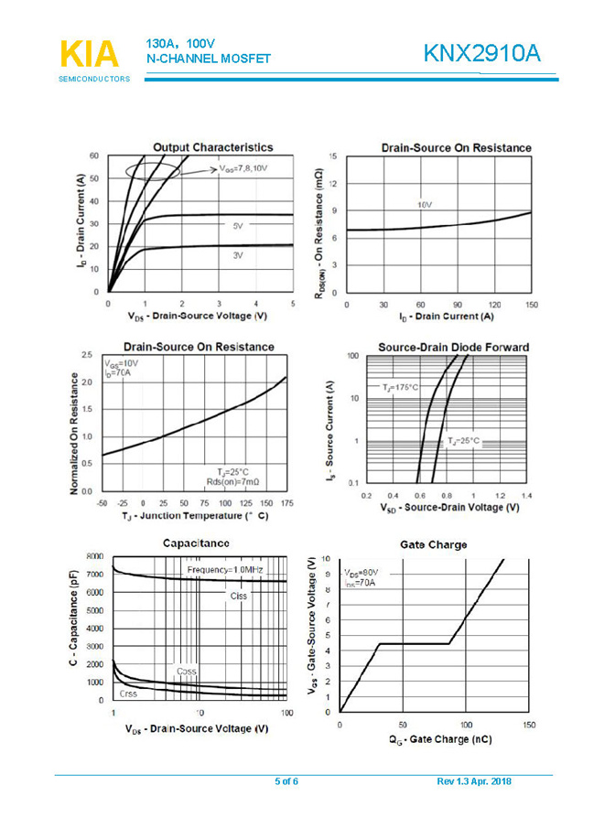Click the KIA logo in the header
pyautogui.click(x=91, y=53)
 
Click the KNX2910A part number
pyautogui.click(x=482, y=54)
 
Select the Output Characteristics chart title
pyautogui.click(x=212, y=146)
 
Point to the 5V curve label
pyautogui.click(x=237, y=225)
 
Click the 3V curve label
pyautogui.click(x=237, y=255)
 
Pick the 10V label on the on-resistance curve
pyautogui.click(x=424, y=205)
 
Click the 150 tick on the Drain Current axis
pyautogui.click(x=531, y=304)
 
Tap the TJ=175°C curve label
pyautogui.click(x=402, y=388)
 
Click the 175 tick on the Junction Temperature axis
pyautogui.click(x=286, y=503)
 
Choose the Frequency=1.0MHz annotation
pyautogui.click(x=224, y=570)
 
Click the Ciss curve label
pyautogui.click(x=239, y=596)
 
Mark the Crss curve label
pyautogui.click(x=129, y=694)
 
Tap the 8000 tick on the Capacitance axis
pyautogui.click(x=95, y=556)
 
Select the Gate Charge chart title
pyautogui.click(x=433, y=544)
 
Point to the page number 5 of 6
pyautogui.click(x=286, y=781)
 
